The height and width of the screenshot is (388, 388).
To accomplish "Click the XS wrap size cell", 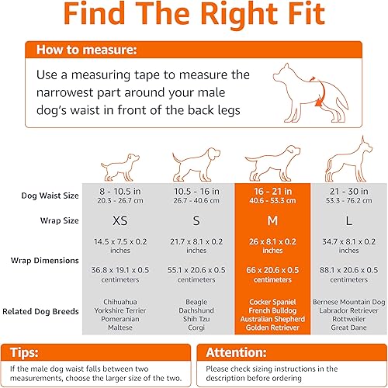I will (120, 221).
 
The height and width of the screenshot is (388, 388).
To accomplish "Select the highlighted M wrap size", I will (272, 221).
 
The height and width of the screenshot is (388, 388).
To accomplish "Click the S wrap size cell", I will (196, 221).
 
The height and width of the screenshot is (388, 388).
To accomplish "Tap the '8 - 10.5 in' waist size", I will (120, 191).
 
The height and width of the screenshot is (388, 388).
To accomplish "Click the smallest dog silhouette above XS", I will (120, 165).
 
